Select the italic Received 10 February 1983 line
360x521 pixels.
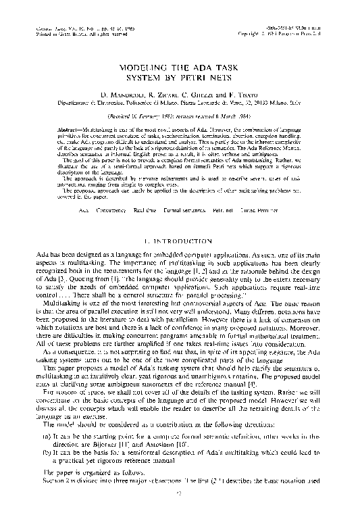pos(180,117)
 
